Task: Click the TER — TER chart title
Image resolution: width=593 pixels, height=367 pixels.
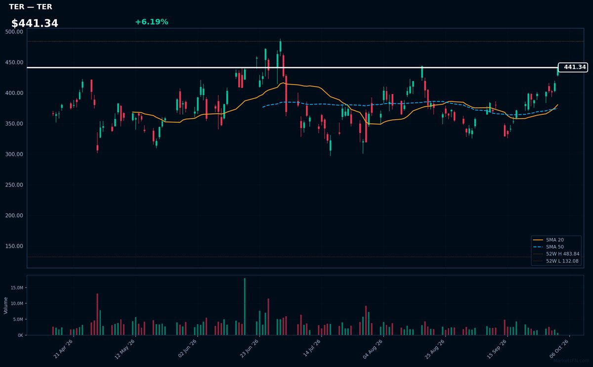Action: coord(31,6)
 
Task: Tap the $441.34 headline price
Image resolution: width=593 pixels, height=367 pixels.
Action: coord(35,23)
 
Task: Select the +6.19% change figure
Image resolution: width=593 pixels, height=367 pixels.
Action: coord(151,22)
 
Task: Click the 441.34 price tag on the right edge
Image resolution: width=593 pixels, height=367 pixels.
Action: coord(573,67)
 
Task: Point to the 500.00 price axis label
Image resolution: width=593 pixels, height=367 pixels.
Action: coord(14,32)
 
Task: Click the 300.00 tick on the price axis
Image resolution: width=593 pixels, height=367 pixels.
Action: coord(14,154)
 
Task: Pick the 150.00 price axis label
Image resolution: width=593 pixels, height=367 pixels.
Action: coord(14,246)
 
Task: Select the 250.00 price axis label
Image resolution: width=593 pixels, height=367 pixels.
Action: coord(14,185)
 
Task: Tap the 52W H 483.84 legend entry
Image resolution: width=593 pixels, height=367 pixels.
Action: coord(556,254)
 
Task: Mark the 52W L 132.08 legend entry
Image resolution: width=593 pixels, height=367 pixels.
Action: coord(555,261)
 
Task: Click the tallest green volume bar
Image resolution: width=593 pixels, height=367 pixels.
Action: coord(245,307)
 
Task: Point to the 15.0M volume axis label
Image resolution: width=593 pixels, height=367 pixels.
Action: coord(17,288)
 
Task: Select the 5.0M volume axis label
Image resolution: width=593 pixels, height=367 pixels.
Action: coord(18,320)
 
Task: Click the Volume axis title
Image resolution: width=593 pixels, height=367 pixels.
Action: coord(5,306)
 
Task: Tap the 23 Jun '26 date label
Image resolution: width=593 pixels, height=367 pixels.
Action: coord(249,348)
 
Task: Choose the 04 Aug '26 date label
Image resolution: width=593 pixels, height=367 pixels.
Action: coord(373,349)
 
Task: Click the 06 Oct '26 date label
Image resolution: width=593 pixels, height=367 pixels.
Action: coord(559,349)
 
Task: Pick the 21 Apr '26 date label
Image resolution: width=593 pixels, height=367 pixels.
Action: coord(63,349)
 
